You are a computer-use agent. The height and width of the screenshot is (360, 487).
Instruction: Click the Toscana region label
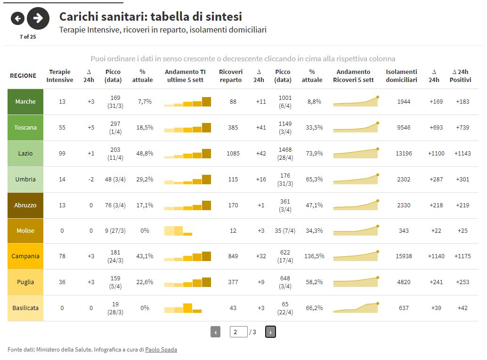click(x=25, y=128)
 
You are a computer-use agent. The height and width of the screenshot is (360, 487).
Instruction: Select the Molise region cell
click(x=25, y=231)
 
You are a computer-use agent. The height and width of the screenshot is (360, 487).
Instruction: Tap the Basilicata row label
click(x=25, y=308)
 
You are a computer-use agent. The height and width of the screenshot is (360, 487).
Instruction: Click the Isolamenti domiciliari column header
click(x=401, y=76)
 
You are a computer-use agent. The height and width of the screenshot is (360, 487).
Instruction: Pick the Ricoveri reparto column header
click(x=231, y=76)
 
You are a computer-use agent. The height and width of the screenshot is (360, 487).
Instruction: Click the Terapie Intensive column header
click(x=60, y=76)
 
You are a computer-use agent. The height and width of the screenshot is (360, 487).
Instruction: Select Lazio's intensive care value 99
click(x=62, y=154)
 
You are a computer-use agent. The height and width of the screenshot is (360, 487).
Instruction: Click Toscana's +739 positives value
click(x=463, y=128)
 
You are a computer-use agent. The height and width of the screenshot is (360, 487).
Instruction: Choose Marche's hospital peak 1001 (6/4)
click(x=285, y=102)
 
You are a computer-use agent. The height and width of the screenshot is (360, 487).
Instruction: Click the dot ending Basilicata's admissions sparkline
click(x=378, y=303)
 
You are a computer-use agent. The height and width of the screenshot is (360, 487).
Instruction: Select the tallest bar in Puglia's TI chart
click(x=206, y=282)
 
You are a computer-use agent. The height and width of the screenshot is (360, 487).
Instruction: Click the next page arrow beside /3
click(x=270, y=332)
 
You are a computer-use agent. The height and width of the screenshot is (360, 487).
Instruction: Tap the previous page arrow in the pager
click(x=216, y=332)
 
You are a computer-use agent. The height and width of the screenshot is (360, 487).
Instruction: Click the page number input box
click(x=239, y=332)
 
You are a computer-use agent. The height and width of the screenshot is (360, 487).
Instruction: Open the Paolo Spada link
click(x=161, y=350)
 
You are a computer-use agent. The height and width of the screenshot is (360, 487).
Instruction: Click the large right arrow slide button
click(x=38, y=18)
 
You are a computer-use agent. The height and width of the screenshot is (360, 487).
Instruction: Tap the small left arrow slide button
click(x=17, y=18)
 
